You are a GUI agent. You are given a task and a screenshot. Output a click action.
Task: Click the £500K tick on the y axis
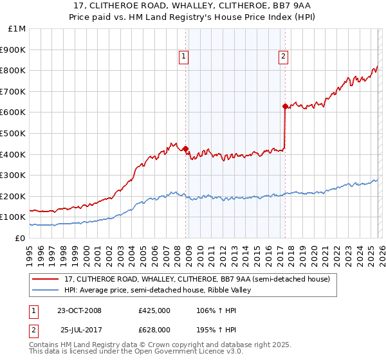[x=14, y=133]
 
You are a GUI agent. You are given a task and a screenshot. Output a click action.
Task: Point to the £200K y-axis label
[x=14, y=196]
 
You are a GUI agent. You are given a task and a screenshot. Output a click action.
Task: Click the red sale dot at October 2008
[x=186, y=149]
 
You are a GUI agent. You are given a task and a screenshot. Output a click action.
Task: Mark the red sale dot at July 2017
[x=284, y=107]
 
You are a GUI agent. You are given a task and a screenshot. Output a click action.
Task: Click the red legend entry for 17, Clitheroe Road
[x=197, y=279]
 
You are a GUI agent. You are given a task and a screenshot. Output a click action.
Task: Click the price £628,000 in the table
[x=154, y=329]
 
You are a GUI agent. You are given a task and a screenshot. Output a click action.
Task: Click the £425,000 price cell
[x=154, y=310]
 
